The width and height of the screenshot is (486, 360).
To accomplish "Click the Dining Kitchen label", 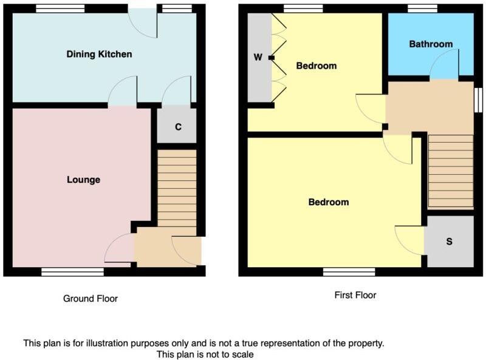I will [99, 55].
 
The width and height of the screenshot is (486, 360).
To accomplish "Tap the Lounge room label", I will [83, 180].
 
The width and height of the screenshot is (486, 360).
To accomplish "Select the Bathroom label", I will [431, 44].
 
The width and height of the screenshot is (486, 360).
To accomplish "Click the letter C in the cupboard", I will [178, 127].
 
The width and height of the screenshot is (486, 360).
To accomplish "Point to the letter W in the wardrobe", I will [258, 58].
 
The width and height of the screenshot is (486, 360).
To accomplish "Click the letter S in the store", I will [450, 242].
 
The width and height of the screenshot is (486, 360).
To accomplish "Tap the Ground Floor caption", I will [91, 299].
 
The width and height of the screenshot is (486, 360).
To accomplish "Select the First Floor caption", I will [355, 296].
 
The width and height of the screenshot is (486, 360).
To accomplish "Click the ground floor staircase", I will [177, 188].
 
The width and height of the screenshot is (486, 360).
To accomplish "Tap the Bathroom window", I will [422, 8].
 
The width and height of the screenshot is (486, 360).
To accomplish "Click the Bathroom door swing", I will [444, 66].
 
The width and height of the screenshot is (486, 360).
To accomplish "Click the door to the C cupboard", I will [177, 92].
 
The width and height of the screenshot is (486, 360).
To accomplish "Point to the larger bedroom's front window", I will [349, 272].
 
